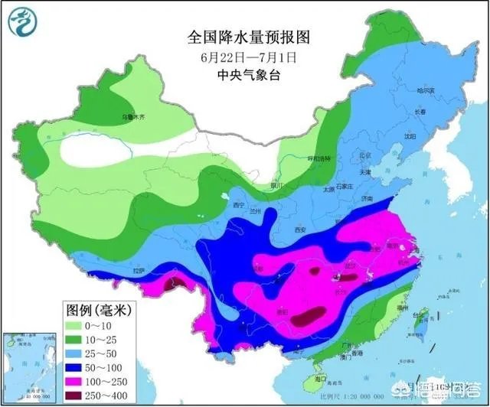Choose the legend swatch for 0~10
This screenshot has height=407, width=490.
point(76,327)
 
